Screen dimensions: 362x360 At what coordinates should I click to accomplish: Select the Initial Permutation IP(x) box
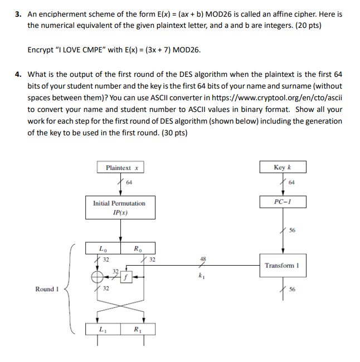[x=119, y=208]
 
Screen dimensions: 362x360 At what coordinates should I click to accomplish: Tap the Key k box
[x=282, y=168]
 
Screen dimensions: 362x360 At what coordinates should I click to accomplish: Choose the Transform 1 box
[x=282, y=266]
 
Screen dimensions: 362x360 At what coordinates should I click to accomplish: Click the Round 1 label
[x=47, y=289]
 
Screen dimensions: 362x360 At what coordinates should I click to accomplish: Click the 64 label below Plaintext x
[x=129, y=182]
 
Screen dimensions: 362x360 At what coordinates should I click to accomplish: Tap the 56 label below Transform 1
[x=293, y=290]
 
